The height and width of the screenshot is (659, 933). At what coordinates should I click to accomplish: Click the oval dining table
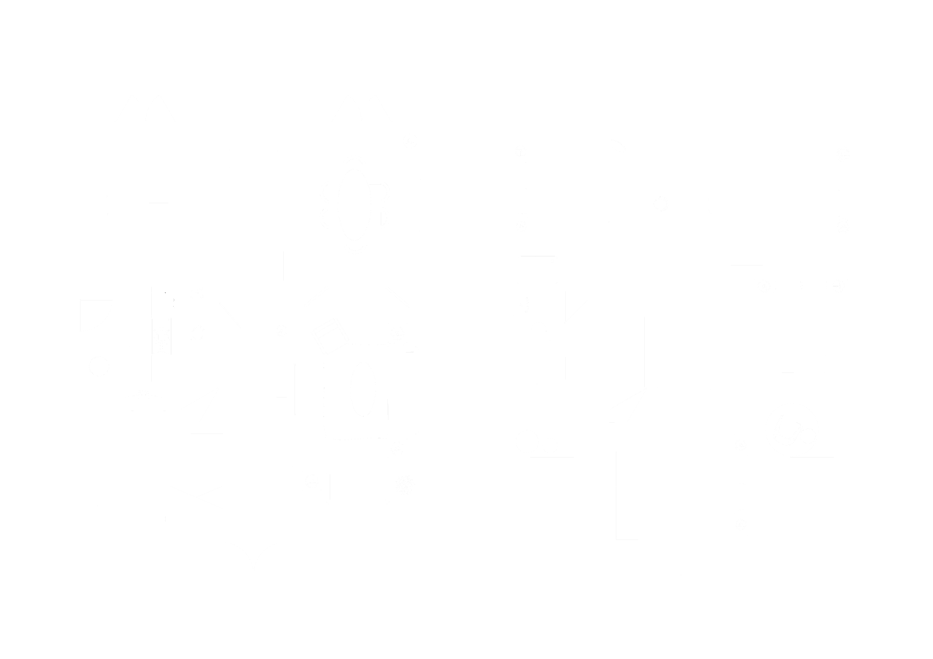point(354,205)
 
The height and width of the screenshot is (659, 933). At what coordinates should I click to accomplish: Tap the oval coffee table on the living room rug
point(363,389)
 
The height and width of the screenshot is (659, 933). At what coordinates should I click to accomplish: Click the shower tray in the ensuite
point(538,270)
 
